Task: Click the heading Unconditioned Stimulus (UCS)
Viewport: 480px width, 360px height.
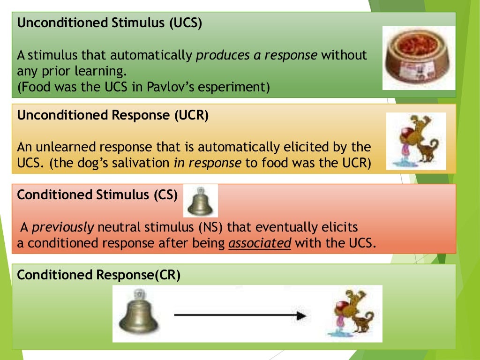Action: click(109, 24)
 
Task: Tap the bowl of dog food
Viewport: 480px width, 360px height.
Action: click(418, 57)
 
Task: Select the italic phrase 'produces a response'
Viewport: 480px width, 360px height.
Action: click(257, 55)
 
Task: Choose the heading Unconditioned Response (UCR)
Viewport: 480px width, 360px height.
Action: click(112, 116)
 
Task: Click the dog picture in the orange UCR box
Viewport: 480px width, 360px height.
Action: click(416, 141)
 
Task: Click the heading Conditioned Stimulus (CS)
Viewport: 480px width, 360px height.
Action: click(97, 195)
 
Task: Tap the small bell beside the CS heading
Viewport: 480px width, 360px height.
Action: click(200, 201)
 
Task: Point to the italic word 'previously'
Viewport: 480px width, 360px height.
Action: click(63, 228)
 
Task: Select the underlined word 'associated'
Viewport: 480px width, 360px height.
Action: click(260, 244)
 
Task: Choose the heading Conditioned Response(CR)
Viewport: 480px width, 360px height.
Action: click(98, 275)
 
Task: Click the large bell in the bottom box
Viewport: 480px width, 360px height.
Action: click(138, 312)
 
